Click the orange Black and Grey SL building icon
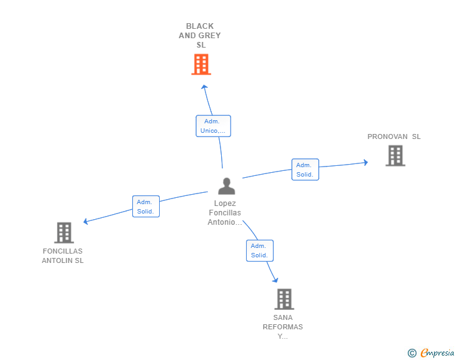pyautogui.click(x=200, y=64)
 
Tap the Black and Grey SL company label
pyautogui.click(x=200, y=36)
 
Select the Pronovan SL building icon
pyautogui.click(x=395, y=156)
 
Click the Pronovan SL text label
pyautogui.click(x=394, y=136)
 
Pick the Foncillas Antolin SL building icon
pyautogui.click(x=64, y=233)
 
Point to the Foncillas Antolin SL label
pyautogui.click(x=63, y=255)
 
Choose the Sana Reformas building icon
pyautogui.click(x=284, y=299)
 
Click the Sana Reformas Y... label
pyautogui.click(x=283, y=327)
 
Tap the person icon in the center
pyautogui.click(x=226, y=186)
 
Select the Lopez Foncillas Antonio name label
pyautogui.click(x=225, y=213)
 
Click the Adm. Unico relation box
pyautogui.click(x=213, y=126)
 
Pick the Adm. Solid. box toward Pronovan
pyautogui.click(x=305, y=170)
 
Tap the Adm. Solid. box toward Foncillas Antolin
pyautogui.click(x=146, y=206)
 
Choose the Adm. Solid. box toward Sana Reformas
pyautogui.click(x=259, y=250)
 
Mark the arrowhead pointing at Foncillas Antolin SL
pyautogui.click(x=86, y=221)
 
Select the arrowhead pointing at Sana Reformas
pyautogui.click(x=275, y=280)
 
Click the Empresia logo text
pyautogui.click(x=437, y=353)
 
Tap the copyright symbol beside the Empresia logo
pyautogui.click(x=412, y=353)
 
